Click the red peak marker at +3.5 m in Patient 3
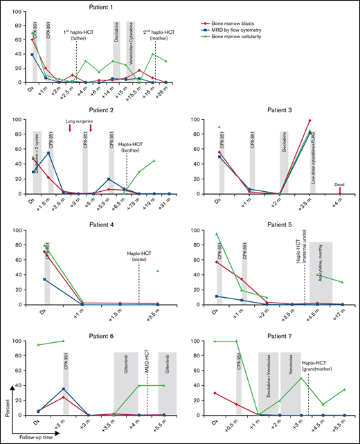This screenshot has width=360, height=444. pos(309,121)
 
